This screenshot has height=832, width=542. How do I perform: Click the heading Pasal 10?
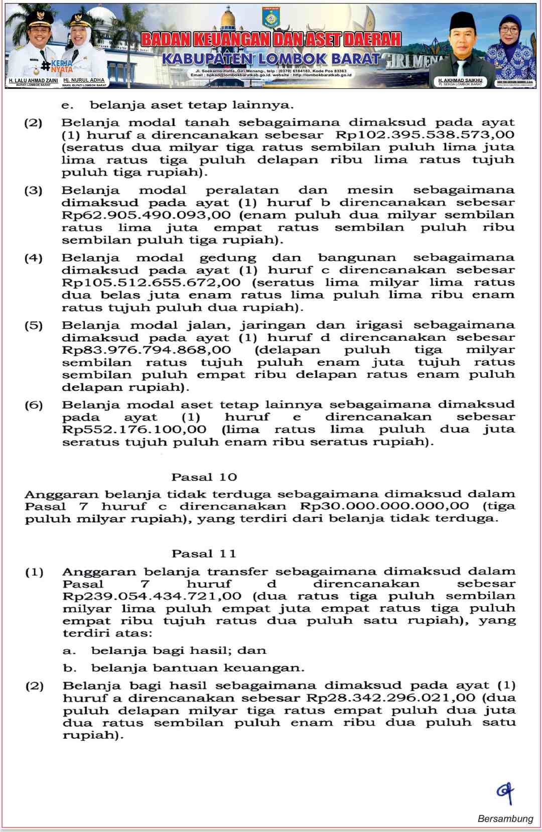(204, 477)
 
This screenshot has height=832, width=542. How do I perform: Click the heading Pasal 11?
(203, 553)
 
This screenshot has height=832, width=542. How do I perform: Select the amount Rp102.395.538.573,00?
(425, 134)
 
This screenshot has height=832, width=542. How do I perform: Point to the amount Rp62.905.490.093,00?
(146, 215)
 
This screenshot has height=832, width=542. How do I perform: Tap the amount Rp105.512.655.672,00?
(151, 282)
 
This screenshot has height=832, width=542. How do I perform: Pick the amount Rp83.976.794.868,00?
(146, 350)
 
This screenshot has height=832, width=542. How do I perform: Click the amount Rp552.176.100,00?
(134, 430)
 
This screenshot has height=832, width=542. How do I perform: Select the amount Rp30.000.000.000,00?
(384, 506)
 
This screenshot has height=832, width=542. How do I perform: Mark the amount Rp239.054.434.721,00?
(152, 596)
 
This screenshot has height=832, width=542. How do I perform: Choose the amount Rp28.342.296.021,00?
(390, 698)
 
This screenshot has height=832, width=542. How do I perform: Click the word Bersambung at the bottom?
(505, 818)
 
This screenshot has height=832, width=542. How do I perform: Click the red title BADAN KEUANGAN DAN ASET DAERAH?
(270, 39)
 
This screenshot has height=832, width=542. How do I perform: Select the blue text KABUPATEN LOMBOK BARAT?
(270, 59)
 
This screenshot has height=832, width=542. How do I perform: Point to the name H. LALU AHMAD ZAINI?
(33, 80)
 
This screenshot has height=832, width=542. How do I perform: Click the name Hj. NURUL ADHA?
(84, 80)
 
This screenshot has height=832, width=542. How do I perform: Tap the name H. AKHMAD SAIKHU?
(460, 80)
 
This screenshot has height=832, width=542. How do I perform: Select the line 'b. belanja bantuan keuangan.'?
(184, 668)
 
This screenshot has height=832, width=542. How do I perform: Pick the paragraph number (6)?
(34, 405)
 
